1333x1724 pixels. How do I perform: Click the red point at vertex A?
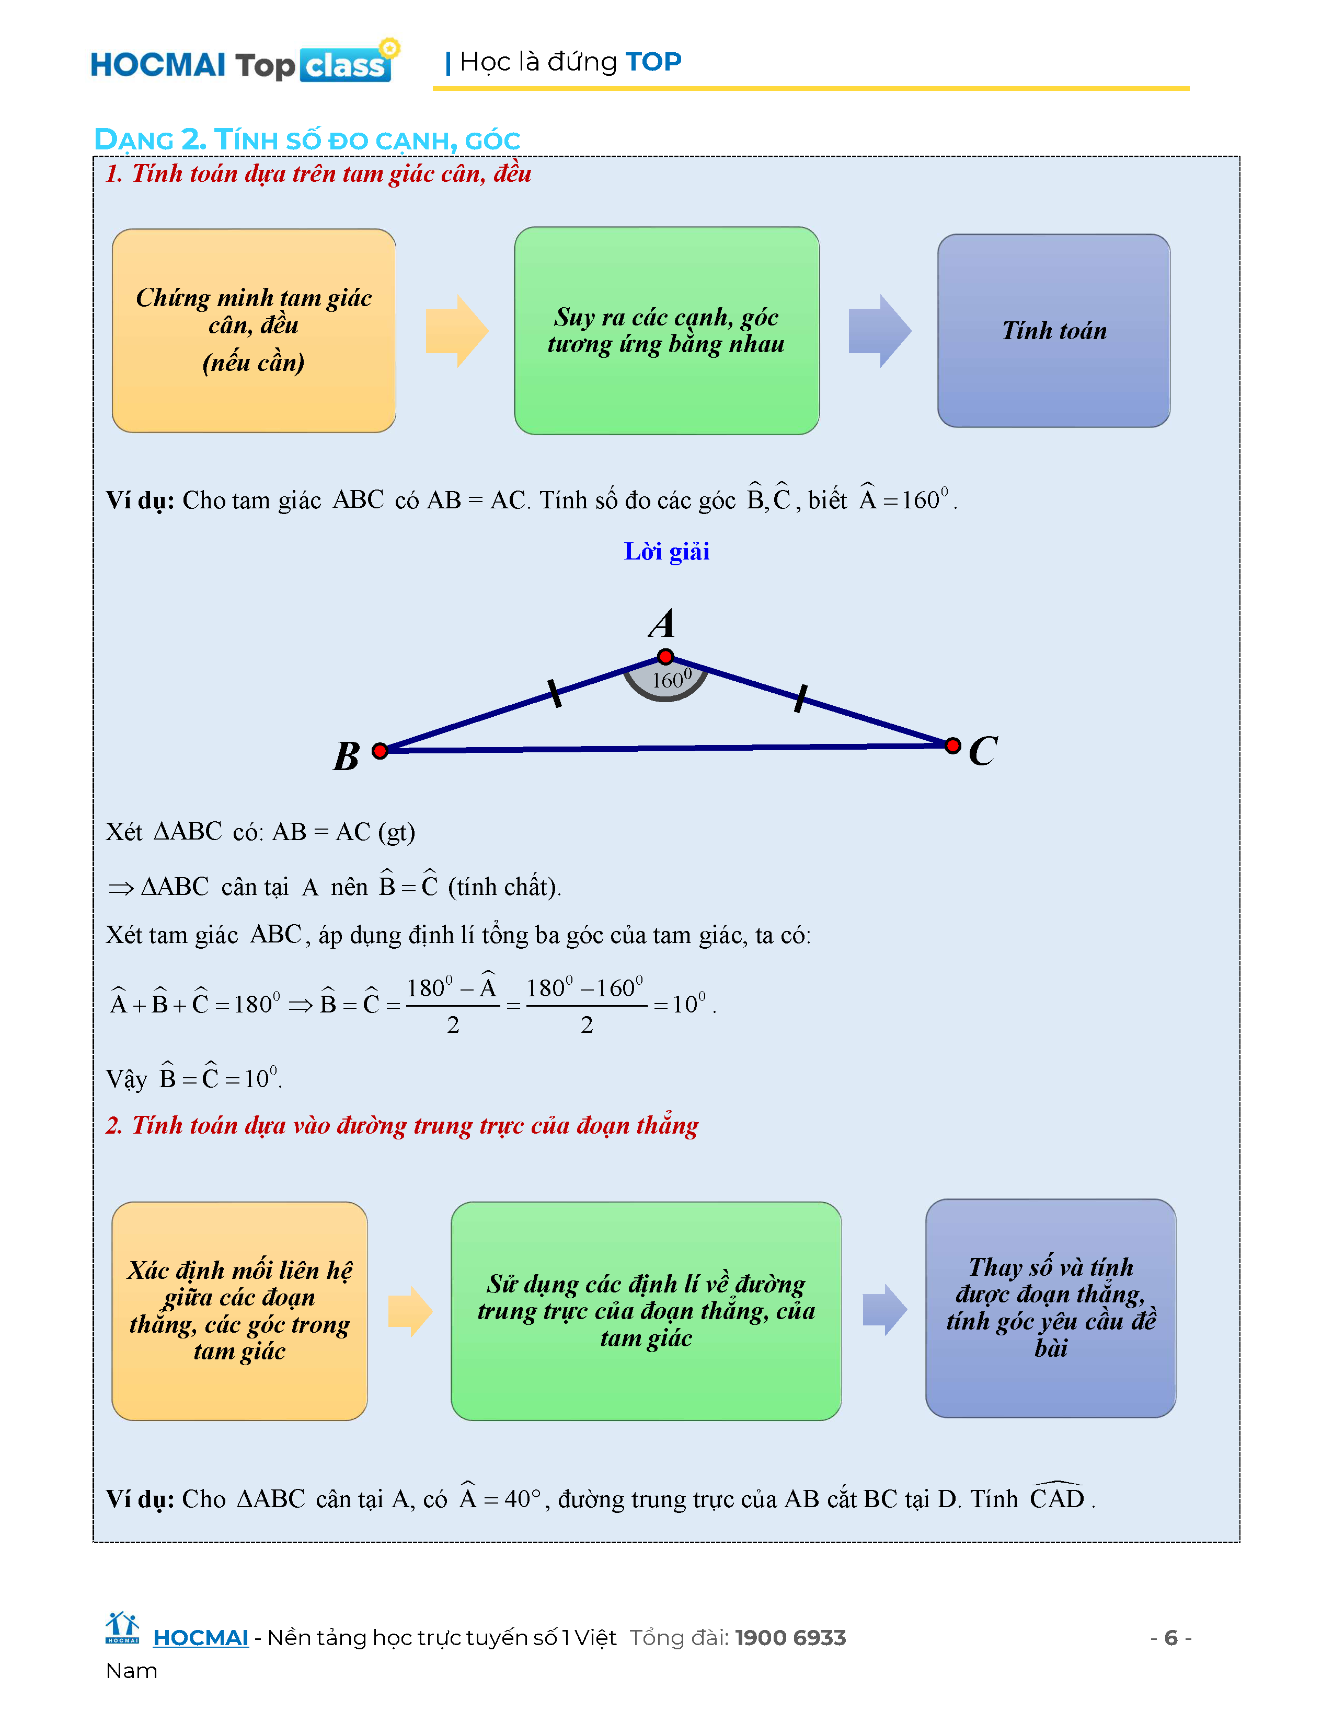[665, 657]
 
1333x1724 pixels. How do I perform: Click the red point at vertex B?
[380, 751]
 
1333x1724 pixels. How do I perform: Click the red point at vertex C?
[953, 745]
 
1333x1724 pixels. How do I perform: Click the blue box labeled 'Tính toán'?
[1053, 331]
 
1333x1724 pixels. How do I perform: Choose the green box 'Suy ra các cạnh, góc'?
[666, 331]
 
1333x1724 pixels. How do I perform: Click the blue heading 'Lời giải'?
[666, 552]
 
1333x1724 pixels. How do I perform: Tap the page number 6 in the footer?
[1171, 1637]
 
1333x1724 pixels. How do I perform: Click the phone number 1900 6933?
[790, 1638]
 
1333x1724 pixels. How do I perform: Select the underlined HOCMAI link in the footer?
[201, 1638]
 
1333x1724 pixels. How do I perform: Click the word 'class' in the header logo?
[345, 65]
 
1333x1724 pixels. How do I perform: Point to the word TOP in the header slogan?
[653, 62]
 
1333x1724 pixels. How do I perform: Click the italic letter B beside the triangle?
[347, 756]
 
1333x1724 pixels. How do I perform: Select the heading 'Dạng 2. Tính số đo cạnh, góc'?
[307, 139]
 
